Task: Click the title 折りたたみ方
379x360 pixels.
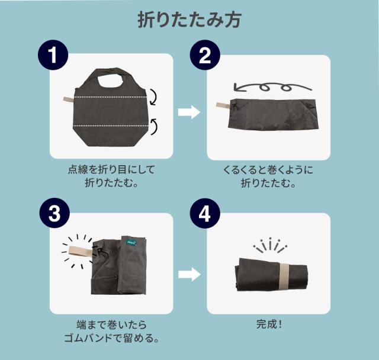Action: click(x=189, y=20)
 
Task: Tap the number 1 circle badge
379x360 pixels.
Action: click(x=53, y=55)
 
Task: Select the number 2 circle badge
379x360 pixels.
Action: click(x=205, y=55)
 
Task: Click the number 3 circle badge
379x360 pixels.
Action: click(x=54, y=213)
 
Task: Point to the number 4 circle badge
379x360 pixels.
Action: click(x=205, y=213)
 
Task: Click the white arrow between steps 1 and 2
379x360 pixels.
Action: click(x=189, y=112)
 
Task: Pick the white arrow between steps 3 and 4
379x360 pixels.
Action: click(x=189, y=274)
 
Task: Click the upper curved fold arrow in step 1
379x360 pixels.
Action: click(x=154, y=97)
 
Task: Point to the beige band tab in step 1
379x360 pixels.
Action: click(x=69, y=99)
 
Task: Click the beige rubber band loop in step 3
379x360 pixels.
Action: click(x=81, y=250)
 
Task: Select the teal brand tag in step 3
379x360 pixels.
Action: click(x=131, y=242)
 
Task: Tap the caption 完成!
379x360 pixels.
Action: click(x=269, y=324)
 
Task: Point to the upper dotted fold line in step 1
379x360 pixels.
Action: click(x=110, y=97)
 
